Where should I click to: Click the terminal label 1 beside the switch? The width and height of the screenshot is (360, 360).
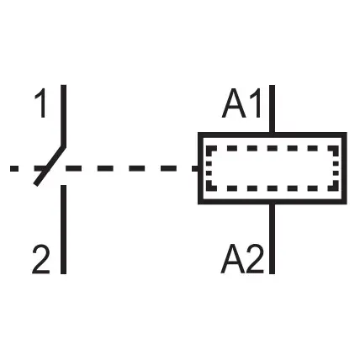coord(40,103)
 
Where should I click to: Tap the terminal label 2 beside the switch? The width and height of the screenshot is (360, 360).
coord(41,259)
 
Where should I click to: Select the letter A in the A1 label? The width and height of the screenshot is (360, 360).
coord(234,103)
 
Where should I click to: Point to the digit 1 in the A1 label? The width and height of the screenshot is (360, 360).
coord(257,103)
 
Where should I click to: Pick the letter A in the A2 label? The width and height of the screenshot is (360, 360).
coord(233,259)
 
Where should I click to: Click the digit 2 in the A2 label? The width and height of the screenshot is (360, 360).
coord(255,259)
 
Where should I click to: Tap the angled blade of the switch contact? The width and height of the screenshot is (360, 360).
coord(50,166)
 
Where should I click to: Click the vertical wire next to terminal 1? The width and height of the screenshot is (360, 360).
coord(64,115)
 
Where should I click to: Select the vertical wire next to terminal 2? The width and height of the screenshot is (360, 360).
coord(64,230)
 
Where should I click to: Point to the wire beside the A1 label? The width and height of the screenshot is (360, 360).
coord(272,109)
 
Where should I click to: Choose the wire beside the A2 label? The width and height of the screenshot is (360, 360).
coord(272,239)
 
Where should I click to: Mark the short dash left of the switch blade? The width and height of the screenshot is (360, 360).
coord(14,168)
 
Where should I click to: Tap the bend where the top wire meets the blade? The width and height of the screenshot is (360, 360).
coord(64,146)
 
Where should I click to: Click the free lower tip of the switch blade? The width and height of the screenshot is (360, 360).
coord(35,184)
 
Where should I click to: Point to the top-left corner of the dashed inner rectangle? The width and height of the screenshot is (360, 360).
coord(209,148)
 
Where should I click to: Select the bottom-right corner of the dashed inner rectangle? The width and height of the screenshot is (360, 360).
coord(336,188)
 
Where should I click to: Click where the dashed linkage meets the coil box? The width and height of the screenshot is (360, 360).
coord(199,168)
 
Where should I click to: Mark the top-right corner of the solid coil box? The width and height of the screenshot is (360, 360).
coord(345,135)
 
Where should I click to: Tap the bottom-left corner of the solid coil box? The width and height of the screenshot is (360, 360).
coord(200,202)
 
